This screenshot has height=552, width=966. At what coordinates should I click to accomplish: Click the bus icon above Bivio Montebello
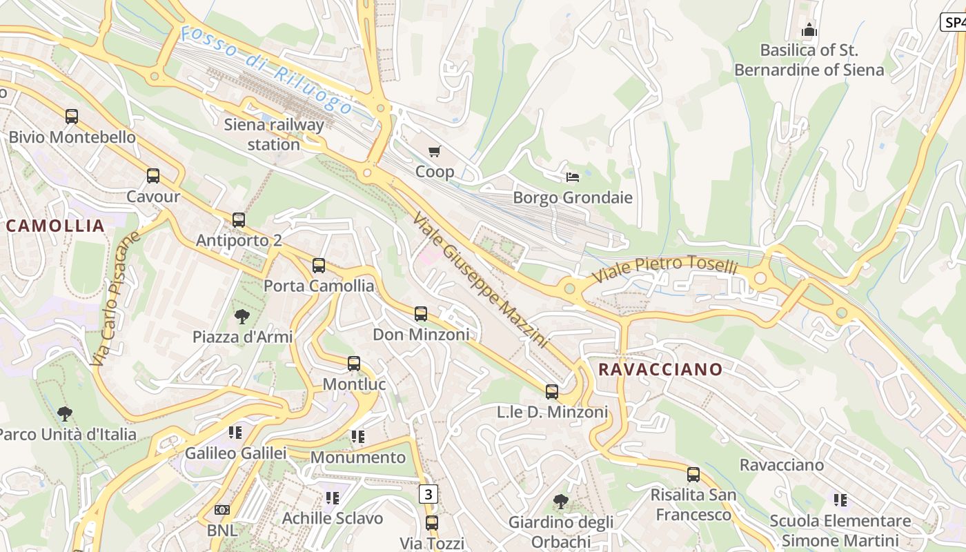tap(72, 117)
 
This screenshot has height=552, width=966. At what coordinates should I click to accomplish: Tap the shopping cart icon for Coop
tap(435, 151)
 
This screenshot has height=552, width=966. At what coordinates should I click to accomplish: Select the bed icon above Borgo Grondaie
tap(573, 177)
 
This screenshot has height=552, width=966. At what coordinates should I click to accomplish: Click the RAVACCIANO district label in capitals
tap(660, 369)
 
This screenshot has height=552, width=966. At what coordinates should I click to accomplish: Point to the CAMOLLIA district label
tap(55, 226)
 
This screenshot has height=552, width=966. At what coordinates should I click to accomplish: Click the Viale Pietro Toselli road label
tap(665, 269)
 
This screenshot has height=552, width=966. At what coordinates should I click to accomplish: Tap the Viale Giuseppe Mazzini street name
tap(480, 281)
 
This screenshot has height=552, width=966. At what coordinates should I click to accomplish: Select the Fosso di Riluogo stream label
tap(266, 70)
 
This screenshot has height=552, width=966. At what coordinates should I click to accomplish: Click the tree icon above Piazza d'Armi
tap(242, 317)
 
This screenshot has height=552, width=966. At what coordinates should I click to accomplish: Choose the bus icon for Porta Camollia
tap(319, 266)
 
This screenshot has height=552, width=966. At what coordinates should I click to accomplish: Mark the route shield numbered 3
tap(428, 494)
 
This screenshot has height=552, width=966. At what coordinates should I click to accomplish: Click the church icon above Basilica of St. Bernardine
tap(809, 30)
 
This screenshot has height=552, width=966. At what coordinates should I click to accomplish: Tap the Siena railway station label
tap(274, 135)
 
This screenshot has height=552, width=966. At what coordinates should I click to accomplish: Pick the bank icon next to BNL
tap(222, 510)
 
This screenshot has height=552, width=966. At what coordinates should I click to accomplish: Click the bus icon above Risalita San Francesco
tap(693, 475)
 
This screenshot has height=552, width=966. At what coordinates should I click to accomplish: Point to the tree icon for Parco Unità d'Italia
tap(66, 414)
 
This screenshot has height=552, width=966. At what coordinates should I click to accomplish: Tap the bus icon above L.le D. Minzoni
tap(552, 392)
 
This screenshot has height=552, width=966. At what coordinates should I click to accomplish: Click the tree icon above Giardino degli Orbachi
tap(561, 502)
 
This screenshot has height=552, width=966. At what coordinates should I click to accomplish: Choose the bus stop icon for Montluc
tap(354, 364)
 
